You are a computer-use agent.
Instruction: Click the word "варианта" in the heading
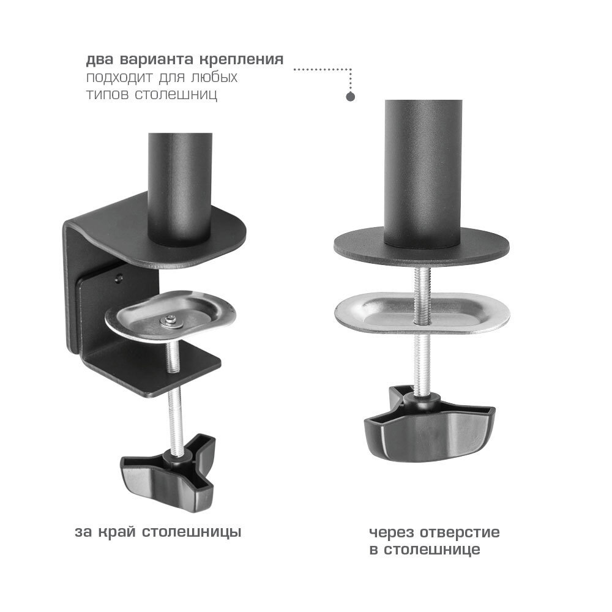click(156, 60)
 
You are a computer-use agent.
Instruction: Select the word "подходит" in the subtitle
click(119, 77)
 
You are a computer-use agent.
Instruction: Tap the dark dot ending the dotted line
click(351, 97)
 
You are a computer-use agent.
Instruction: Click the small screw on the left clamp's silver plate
click(170, 320)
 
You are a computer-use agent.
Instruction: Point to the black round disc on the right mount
click(422, 247)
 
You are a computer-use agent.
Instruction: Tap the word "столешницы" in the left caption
click(191, 532)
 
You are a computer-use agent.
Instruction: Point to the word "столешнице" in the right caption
click(431, 550)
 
